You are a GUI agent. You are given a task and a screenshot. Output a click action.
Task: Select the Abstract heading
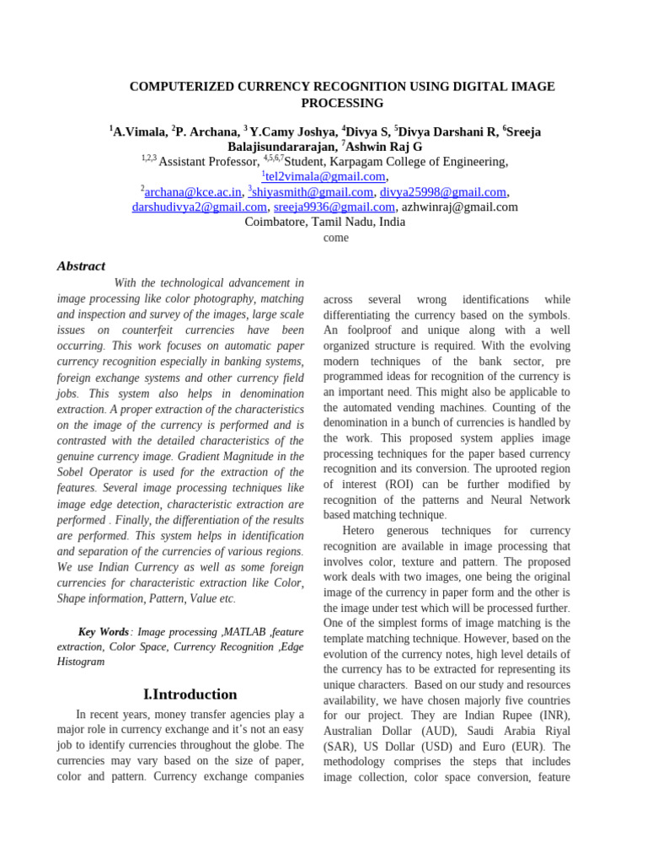click(81, 265)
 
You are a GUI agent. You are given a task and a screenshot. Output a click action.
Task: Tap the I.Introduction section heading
click(190, 694)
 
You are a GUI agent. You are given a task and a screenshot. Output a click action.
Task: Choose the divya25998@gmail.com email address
click(443, 192)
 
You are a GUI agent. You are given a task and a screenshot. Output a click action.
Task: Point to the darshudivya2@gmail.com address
click(200, 206)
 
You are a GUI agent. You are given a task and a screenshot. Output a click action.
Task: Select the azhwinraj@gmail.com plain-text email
click(459, 206)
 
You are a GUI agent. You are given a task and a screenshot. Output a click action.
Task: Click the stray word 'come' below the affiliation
click(335, 238)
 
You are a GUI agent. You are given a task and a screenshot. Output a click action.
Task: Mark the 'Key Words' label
click(104, 631)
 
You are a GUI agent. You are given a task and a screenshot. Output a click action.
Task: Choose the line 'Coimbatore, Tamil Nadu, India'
click(324, 222)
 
